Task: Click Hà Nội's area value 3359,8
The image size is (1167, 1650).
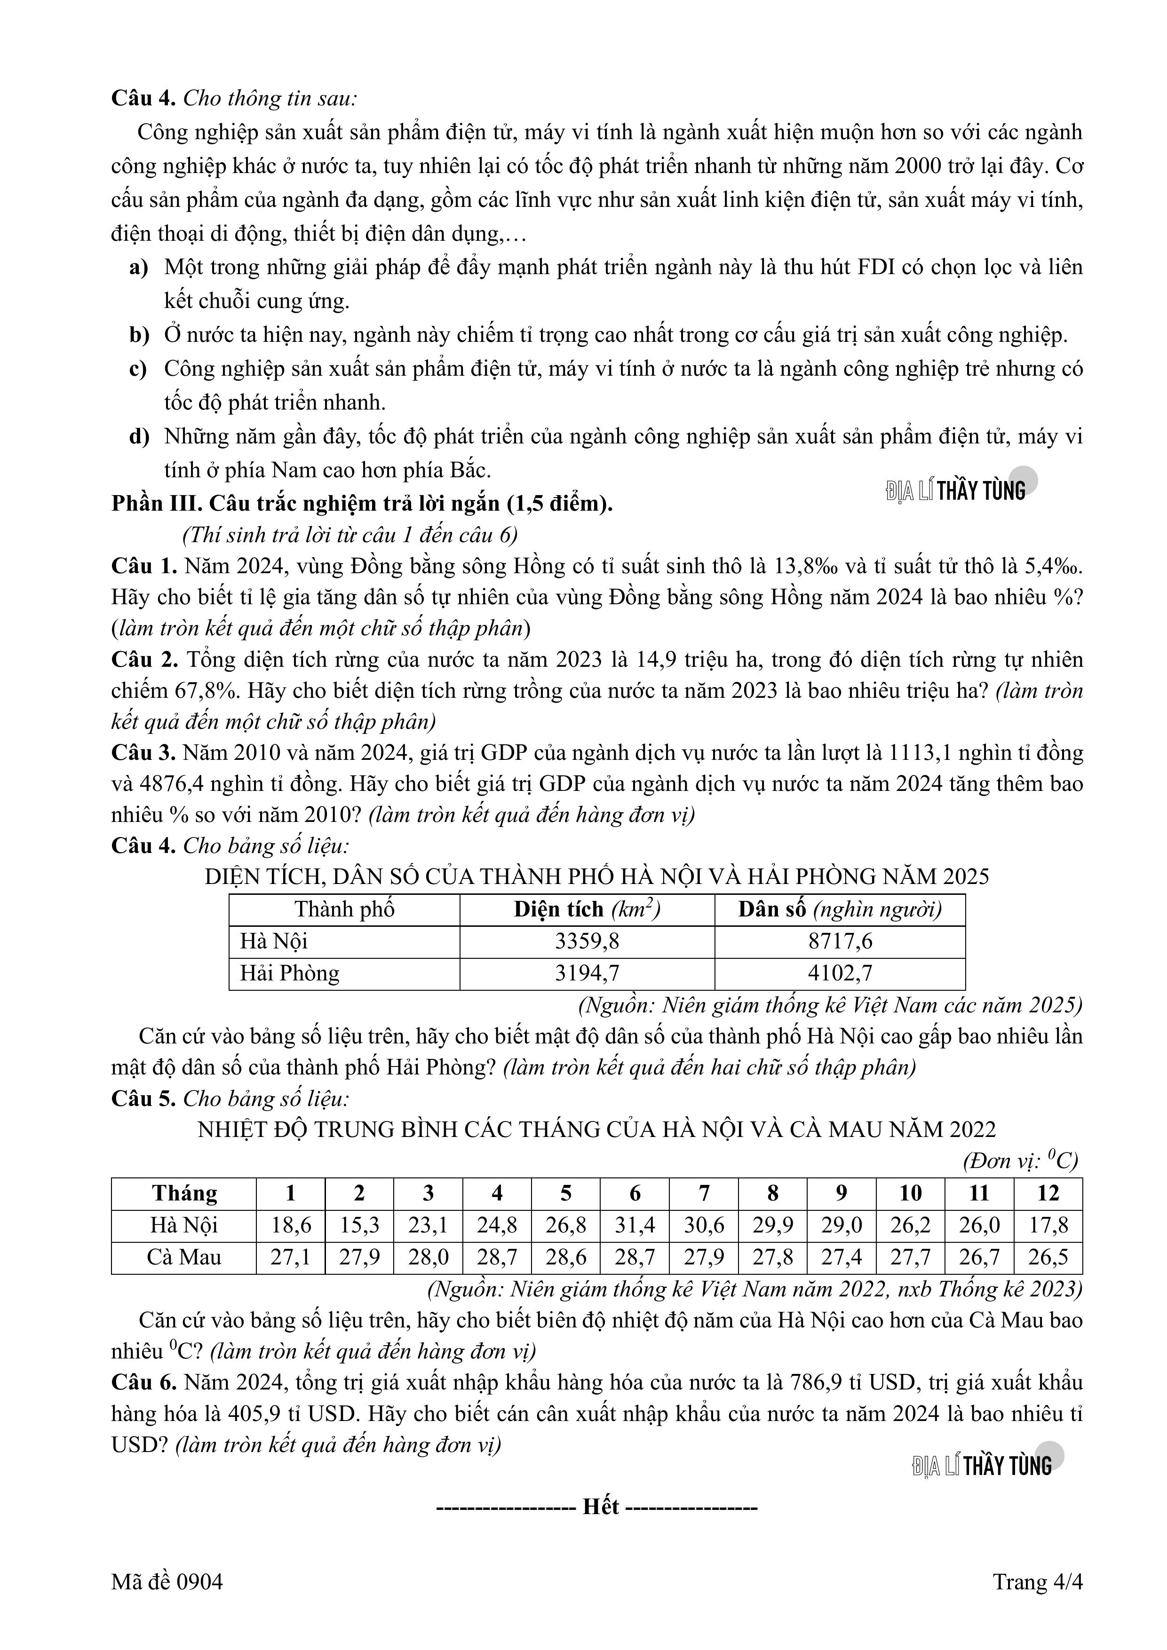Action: [x=587, y=941]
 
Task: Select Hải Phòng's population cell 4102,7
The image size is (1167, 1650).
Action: [x=840, y=973]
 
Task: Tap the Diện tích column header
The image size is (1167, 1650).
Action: [x=587, y=910]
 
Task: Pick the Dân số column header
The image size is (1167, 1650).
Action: [x=840, y=910]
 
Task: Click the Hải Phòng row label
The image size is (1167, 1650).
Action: [x=289, y=973]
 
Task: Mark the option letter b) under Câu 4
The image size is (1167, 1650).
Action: [x=139, y=335]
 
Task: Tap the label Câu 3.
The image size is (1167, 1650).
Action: [x=143, y=752]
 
